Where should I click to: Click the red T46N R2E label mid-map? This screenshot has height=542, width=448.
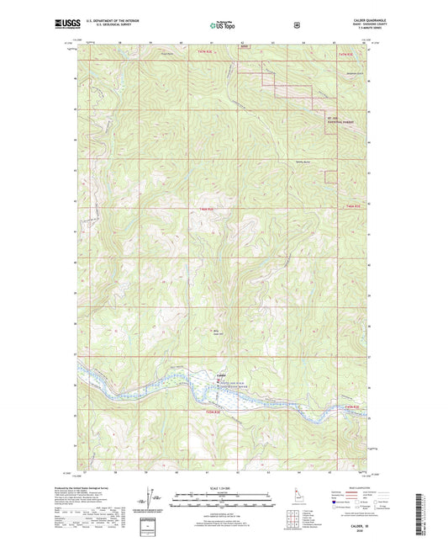coord(208,209)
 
